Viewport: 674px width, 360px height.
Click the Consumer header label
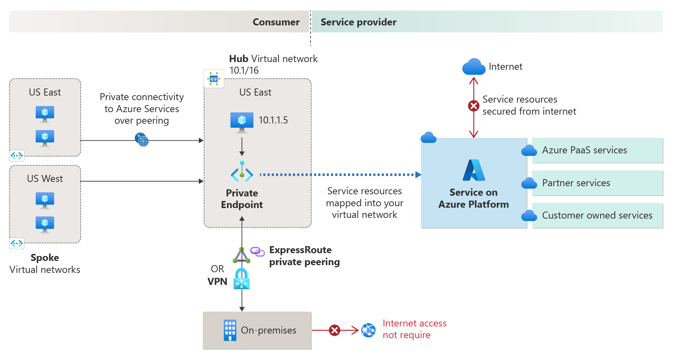tap(276, 22)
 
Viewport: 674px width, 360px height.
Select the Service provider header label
tap(358, 22)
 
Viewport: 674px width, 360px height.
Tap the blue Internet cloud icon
tap(473, 67)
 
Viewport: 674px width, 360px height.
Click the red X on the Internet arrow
tap(473, 105)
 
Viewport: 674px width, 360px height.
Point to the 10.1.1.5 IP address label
tap(273, 120)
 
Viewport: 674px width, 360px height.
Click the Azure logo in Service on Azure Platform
tap(473, 170)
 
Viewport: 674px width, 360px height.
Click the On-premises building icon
tap(230, 330)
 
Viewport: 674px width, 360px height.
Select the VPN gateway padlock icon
tap(241, 279)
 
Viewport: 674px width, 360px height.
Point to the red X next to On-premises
tap(334, 330)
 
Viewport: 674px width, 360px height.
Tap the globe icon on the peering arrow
tap(142, 140)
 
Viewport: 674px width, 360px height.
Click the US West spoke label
tap(45, 179)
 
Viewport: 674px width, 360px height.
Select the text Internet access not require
tap(414, 329)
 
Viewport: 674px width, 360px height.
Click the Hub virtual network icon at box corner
tap(214, 79)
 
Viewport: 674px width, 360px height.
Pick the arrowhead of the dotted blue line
tap(418, 175)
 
